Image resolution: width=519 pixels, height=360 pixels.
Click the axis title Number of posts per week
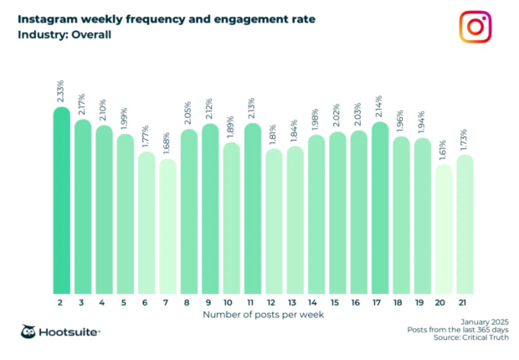[x=260, y=315]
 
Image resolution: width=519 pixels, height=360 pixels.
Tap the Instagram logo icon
[x=475, y=27]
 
